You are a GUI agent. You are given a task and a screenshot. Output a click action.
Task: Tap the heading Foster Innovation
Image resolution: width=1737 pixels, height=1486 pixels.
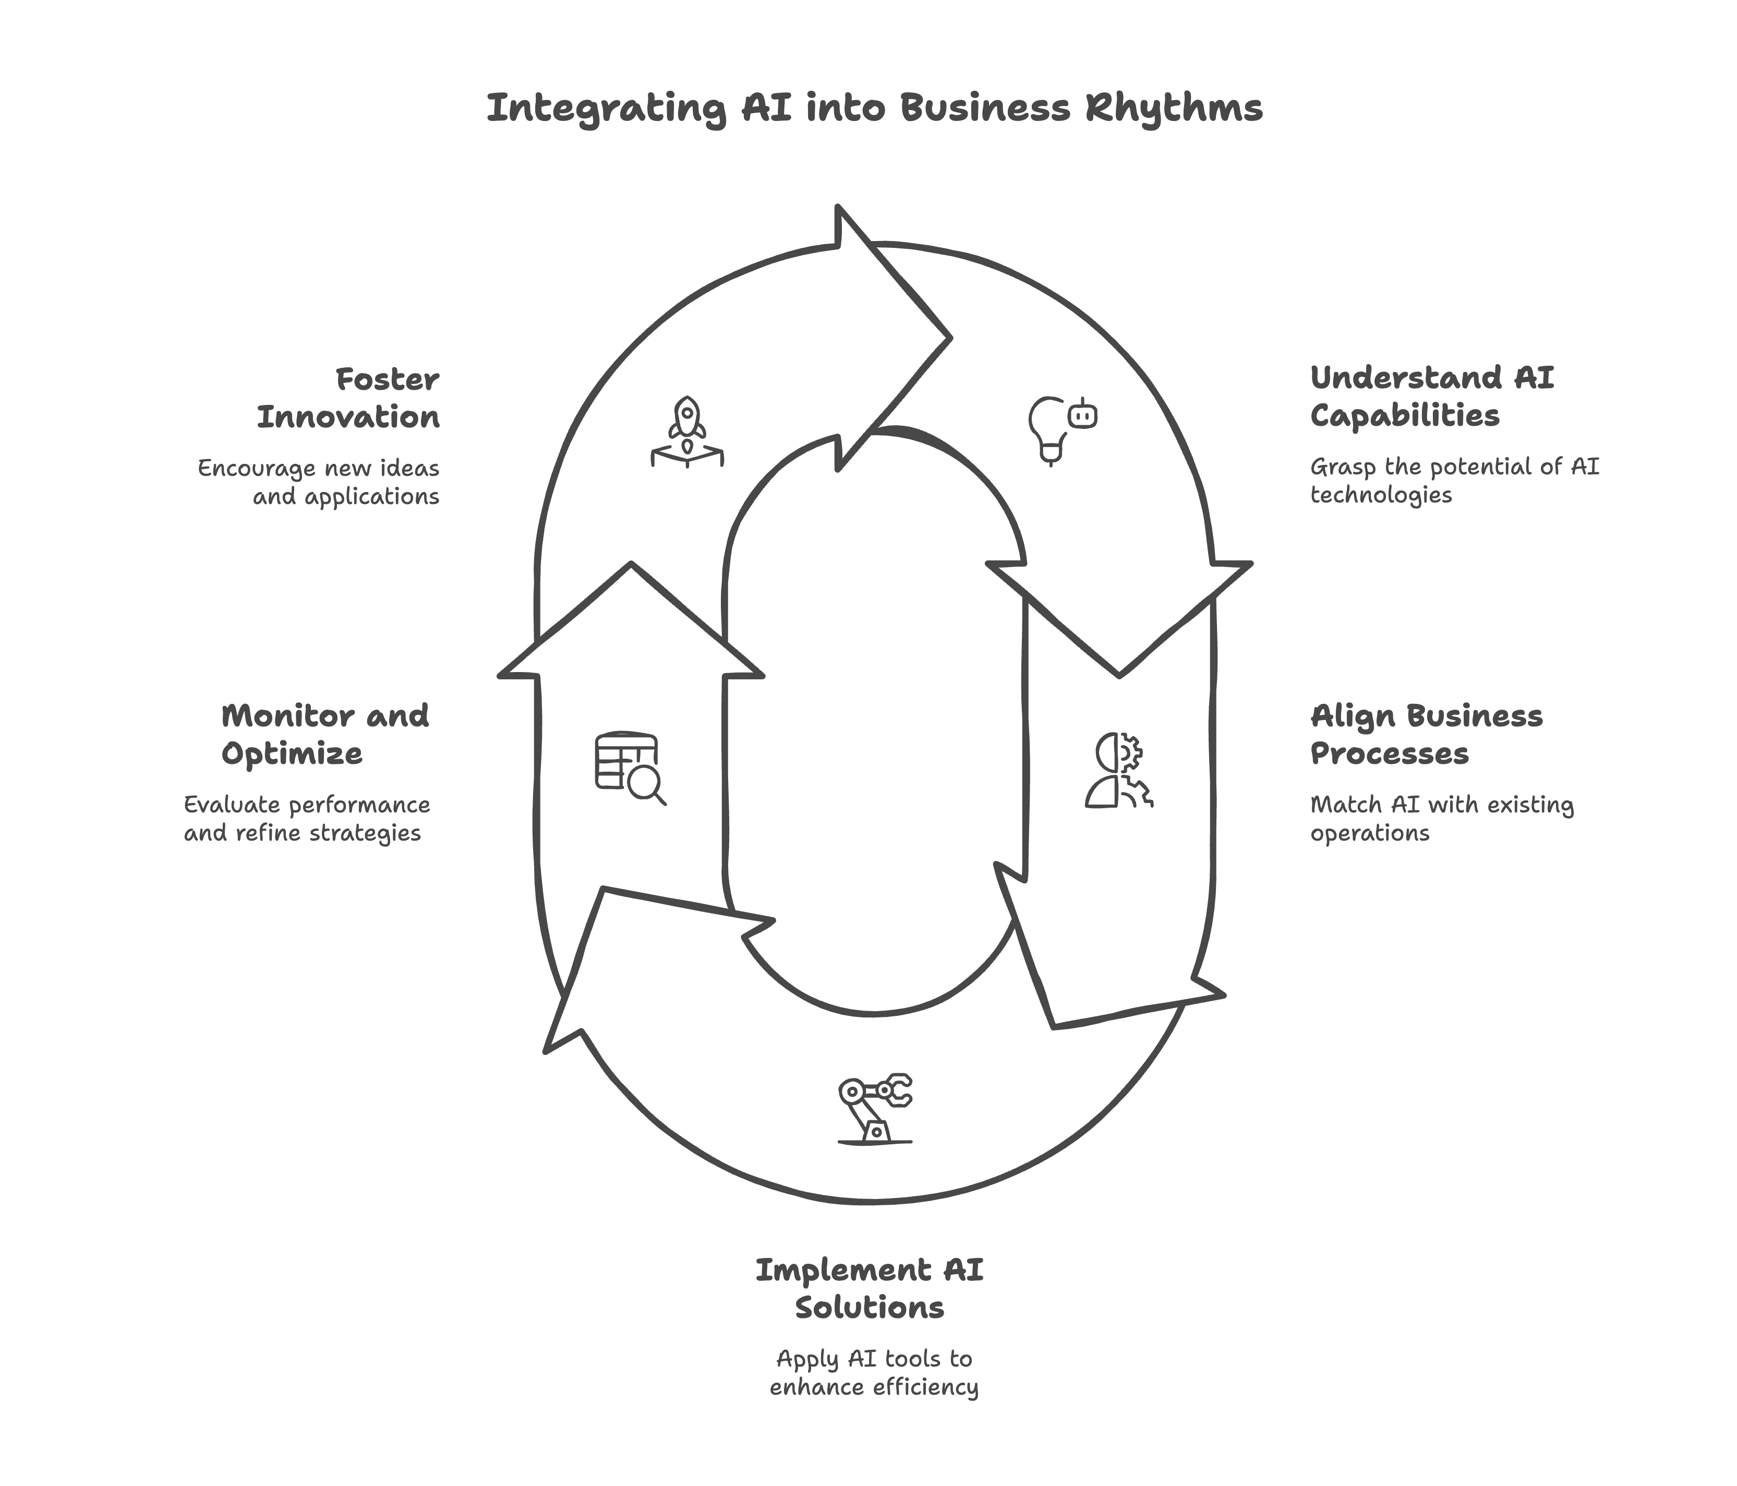(348, 398)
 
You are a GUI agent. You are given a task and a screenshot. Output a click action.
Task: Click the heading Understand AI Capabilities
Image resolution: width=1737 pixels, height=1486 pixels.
(1431, 397)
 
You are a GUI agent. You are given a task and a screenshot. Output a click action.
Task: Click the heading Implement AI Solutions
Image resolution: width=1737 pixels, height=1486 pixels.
(870, 1289)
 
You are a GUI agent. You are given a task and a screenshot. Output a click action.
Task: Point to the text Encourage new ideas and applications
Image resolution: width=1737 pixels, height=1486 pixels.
(319, 482)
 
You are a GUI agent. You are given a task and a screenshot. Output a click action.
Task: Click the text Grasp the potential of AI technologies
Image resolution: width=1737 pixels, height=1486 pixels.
(1454, 481)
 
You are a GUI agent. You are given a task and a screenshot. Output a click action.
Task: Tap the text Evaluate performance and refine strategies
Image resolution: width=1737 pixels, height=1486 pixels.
(307, 819)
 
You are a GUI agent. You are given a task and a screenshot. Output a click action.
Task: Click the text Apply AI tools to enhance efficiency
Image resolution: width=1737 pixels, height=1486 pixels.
(874, 1373)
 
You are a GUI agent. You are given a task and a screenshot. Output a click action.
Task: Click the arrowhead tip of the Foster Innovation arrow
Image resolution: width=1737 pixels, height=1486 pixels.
(950, 338)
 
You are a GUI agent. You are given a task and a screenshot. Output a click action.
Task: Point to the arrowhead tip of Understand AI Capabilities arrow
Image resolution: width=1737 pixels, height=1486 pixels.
(1119, 674)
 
